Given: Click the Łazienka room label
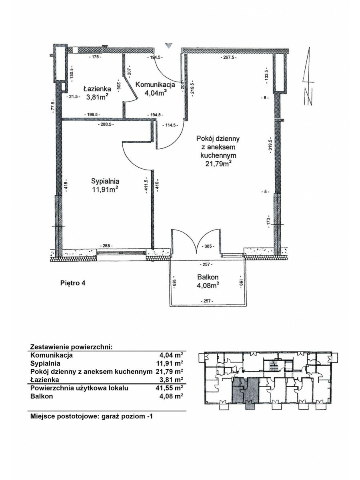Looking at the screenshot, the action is (x=97, y=89).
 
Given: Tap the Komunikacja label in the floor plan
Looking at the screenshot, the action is (x=155, y=85).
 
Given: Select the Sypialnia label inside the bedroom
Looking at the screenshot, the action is (x=105, y=181).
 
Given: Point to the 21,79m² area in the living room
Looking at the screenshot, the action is (x=218, y=163).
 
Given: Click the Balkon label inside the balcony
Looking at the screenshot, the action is (x=208, y=277).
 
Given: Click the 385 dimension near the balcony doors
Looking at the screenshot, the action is (x=208, y=246).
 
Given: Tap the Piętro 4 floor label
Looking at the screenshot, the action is (x=73, y=283).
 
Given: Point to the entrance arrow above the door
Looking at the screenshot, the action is (x=169, y=45).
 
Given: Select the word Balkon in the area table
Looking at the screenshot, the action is (x=42, y=396).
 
